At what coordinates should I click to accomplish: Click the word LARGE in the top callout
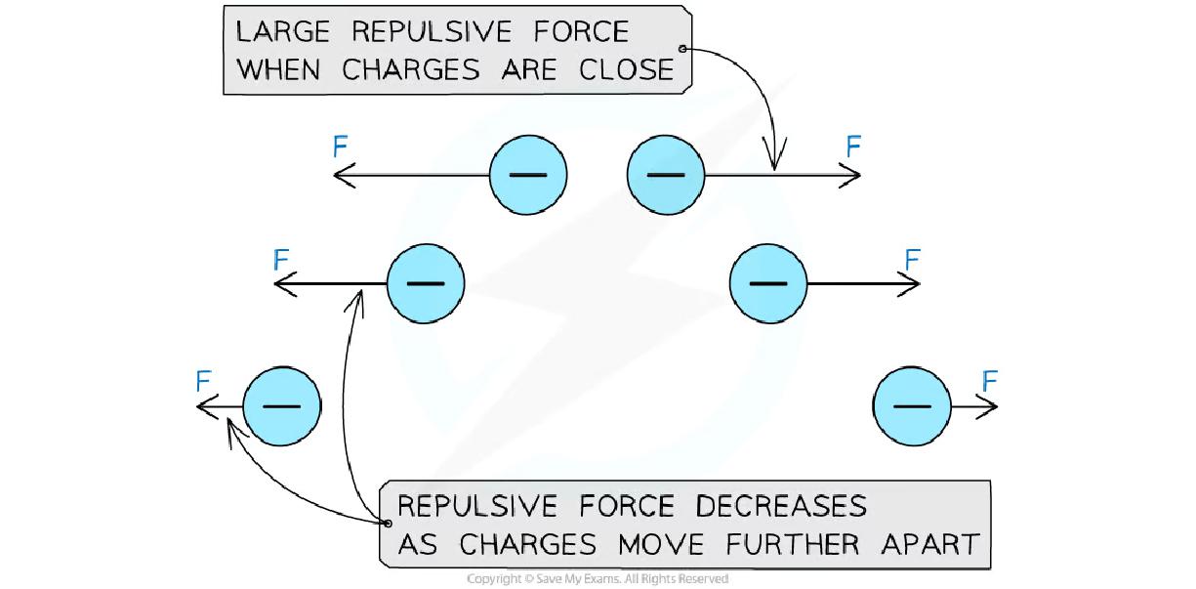(x=284, y=31)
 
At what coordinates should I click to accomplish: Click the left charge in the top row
(x=527, y=176)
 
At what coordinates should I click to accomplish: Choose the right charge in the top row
(x=666, y=176)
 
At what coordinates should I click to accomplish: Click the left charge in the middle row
(x=425, y=283)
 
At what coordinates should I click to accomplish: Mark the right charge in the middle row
(x=768, y=283)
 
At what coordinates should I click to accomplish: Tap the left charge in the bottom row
(x=281, y=404)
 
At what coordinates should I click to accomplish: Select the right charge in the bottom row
(x=912, y=404)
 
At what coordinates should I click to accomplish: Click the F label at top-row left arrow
(x=341, y=147)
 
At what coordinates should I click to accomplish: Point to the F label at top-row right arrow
(x=853, y=147)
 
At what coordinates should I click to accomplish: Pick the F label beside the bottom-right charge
(x=990, y=380)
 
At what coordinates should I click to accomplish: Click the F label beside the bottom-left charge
(x=203, y=380)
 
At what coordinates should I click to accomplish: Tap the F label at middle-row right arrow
(x=912, y=259)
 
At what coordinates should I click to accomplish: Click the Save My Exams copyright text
(x=598, y=579)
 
